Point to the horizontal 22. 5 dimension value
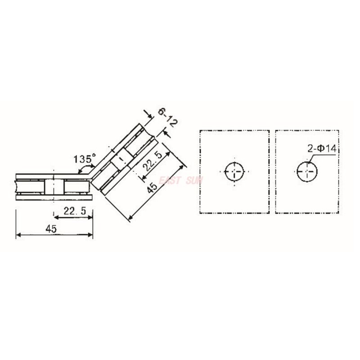pos(73,211)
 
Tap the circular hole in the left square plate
pos(234,171)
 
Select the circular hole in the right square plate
pos(307,171)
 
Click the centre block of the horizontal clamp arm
pos(54,186)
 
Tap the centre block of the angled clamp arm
pos(121,162)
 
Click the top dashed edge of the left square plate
pos(234,130)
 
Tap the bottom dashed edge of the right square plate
pos(307,213)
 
